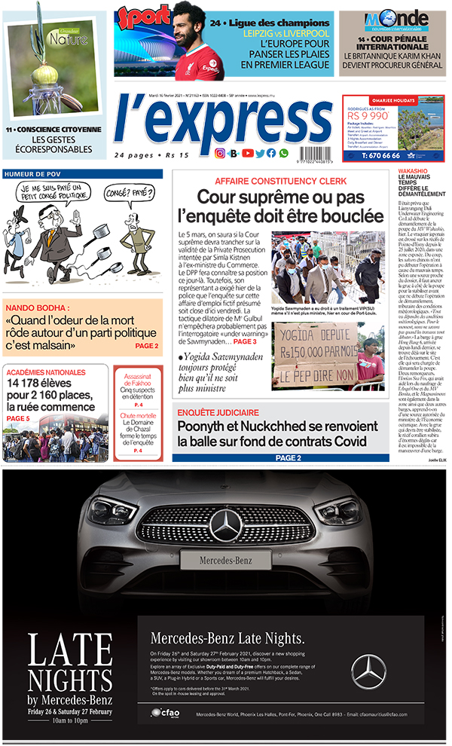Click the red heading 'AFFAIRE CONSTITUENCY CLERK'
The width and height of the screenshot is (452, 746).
tap(274, 182)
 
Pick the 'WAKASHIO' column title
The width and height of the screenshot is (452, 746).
tap(414, 173)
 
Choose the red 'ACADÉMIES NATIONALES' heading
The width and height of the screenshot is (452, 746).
tap(45, 371)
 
